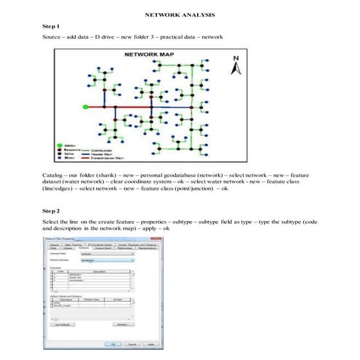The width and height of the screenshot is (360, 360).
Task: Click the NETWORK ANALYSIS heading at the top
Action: coord(180,15)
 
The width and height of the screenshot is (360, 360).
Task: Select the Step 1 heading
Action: coord(51,25)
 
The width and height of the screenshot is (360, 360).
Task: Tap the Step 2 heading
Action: coord(51,210)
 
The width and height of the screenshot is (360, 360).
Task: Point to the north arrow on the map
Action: coord(236,67)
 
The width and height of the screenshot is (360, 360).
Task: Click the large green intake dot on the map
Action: coord(86,107)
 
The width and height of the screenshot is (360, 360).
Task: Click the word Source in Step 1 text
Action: coord(52,36)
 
